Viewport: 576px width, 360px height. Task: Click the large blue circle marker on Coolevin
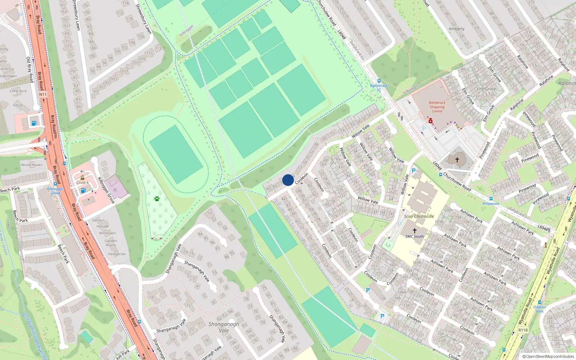coord(288,180)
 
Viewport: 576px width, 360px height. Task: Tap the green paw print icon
coord(157,198)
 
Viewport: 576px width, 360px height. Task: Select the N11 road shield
coord(43,94)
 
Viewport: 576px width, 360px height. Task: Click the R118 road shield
coord(523,330)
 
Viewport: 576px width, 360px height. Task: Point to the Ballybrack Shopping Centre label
coord(437,107)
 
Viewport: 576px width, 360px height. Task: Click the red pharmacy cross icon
coord(430,121)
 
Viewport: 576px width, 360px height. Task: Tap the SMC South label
coord(414,237)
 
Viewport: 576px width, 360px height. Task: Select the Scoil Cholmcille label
coord(419,216)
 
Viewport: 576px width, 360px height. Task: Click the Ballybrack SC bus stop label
coord(379,87)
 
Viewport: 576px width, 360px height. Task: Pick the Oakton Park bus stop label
coord(539,309)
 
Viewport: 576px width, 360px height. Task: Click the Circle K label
coord(82,183)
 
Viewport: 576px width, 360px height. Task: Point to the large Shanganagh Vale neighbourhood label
coord(224,327)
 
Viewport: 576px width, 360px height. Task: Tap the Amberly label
coord(456,29)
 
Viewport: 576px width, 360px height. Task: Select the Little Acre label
coord(18,91)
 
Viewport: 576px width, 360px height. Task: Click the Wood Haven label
coord(32,165)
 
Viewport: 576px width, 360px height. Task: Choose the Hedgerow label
coord(117,254)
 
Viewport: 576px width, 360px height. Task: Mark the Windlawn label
coord(107,233)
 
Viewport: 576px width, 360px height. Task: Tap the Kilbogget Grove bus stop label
coord(55,191)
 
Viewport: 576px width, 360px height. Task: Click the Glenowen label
coord(8,76)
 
